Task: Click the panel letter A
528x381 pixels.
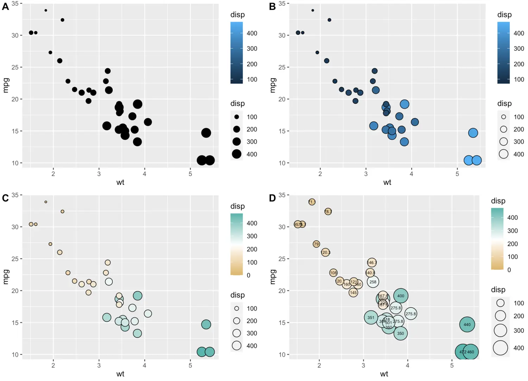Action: (5, 6)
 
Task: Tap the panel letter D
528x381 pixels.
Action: (272, 198)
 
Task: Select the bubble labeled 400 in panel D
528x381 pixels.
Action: (401, 296)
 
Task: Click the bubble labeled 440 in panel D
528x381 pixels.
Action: (467, 325)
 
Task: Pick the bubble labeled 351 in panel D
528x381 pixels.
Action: (371, 317)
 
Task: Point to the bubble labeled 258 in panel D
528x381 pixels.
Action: (373, 282)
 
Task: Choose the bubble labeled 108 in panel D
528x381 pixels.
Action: (333, 273)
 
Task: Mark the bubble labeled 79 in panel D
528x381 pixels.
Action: (316, 244)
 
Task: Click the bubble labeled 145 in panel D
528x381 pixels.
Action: (353, 293)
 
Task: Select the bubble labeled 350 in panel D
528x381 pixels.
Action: (401, 333)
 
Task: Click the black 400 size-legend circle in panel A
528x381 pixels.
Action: (237, 154)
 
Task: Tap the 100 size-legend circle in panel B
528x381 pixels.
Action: (503, 117)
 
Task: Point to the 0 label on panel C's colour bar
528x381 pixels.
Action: (249, 275)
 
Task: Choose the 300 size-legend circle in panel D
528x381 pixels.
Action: (500, 330)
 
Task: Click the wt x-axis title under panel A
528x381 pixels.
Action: (120, 182)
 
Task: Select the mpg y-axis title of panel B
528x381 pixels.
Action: (272, 85)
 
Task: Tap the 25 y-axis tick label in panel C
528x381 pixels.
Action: (15, 259)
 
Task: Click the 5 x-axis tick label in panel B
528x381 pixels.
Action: (457, 174)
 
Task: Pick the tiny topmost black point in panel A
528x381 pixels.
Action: (46, 11)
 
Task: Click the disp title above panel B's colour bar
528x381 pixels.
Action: (504, 15)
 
